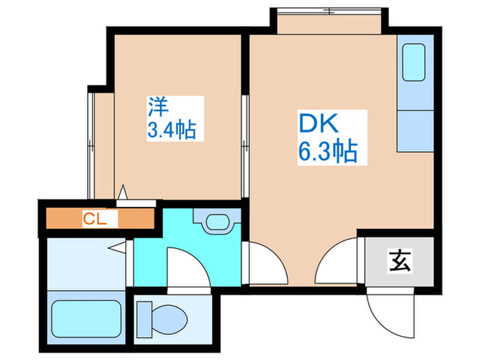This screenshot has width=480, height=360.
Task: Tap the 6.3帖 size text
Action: (x=328, y=151)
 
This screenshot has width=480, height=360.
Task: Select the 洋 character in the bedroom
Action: (x=158, y=106)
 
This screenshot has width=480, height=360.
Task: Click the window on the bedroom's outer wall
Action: (x=91, y=141)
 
